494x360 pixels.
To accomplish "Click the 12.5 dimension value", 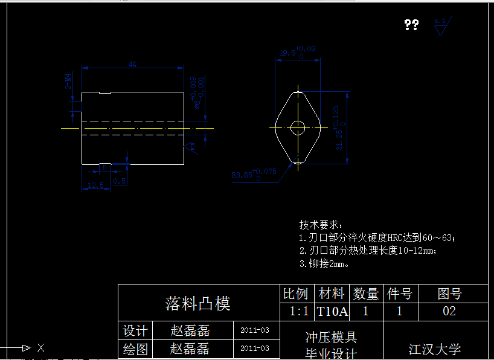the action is [x=95, y=184].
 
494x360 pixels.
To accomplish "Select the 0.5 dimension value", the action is [x=120, y=181].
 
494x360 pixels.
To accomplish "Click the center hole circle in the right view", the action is [x=297, y=127].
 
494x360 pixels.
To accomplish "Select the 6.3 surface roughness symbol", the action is [x=440, y=27].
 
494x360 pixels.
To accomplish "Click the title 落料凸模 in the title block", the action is [x=198, y=303].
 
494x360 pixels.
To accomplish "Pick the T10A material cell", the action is [x=332, y=312].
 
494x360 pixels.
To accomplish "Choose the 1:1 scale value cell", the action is [x=298, y=312].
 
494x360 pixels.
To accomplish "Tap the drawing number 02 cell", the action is [x=449, y=312].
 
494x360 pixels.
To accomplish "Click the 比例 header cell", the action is [x=296, y=294].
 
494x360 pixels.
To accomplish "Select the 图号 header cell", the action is [x=449, y=294].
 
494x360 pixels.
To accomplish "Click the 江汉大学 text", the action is [x=435, y=349].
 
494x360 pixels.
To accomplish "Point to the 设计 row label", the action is [x=135, y=331].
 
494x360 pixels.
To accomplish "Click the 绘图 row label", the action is [x=135, y=349].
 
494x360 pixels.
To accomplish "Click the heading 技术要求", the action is [x=321, y=225].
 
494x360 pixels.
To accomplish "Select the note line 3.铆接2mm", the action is [x=324, y=264].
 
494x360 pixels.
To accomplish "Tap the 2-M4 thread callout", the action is [x=68, y=81].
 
